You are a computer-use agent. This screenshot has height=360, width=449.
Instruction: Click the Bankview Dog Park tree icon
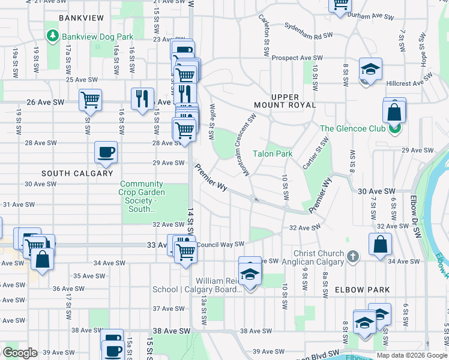pyautogui.click(x=53, y=37)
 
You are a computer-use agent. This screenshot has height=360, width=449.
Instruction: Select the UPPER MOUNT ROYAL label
pyautogui.click(x=293, y=101)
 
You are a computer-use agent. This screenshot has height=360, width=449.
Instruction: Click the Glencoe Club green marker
pyautogui.click(x=394, y=128)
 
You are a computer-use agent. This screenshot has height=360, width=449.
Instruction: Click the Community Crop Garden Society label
pyautogui.click(x=141, y=197)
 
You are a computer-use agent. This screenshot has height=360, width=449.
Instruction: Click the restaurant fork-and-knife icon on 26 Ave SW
pyautogui.click(x=142, y=98)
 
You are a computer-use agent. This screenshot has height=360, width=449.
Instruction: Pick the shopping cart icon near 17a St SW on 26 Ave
pyautogui.click(x=90, y=100)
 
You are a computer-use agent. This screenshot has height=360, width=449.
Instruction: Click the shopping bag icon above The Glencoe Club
pyautogui.click(x=394, y=110)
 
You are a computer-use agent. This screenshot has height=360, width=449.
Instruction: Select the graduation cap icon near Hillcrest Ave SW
pyautogui.click(x=370, y=68)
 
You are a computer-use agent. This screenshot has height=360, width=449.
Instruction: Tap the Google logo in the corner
pyautogui.click(x=19, y=353)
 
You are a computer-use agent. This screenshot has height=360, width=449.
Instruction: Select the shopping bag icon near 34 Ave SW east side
pyautogui.click(x=380, y=244)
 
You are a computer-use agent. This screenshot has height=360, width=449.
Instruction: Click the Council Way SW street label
pyautogui.click(x=220, y=244)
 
